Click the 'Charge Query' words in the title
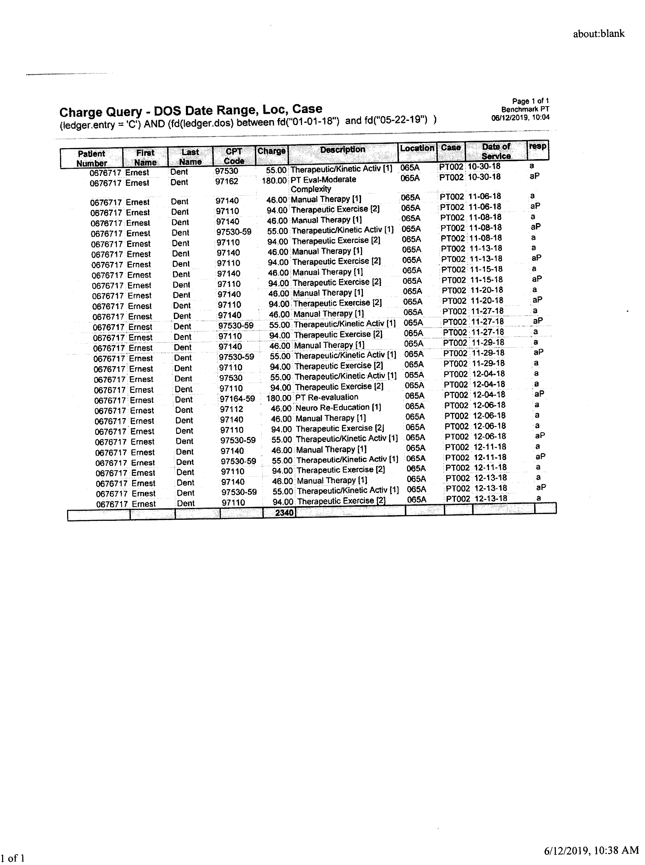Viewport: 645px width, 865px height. [101, 112]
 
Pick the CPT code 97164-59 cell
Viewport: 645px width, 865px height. [237, 399]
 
